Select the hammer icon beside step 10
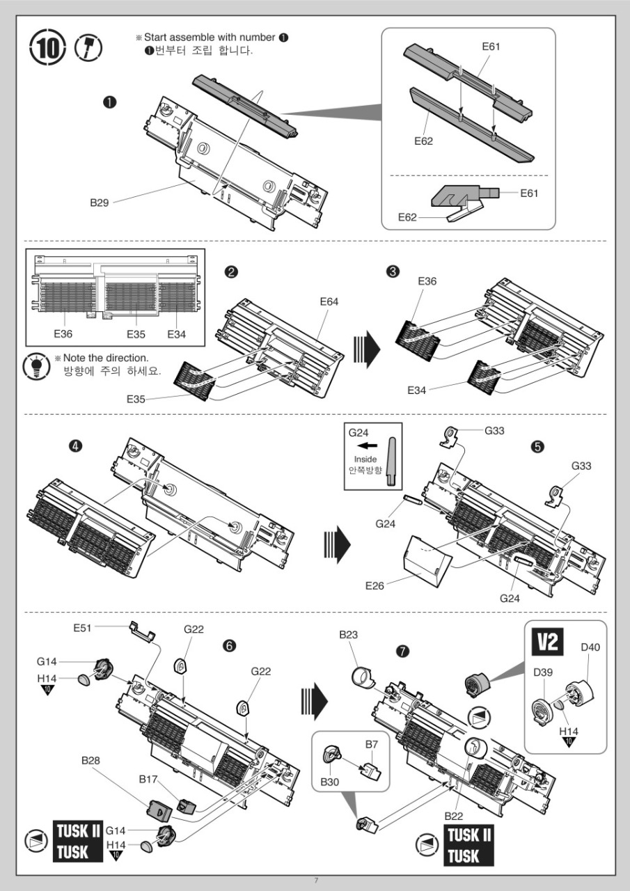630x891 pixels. (x=88, y=49)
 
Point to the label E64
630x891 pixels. (x=329, y=301)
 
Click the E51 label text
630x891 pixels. (x=83, y=628)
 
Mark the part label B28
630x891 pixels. (x=90, y=761)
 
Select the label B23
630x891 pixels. (x=348, y=635)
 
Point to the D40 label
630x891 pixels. (x=590, y=648)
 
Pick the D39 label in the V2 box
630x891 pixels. (x=543, y=672)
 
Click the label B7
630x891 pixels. (x=372, y=744)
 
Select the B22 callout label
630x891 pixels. (x=454, y=815)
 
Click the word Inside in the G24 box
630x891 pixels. (x=365, y=459)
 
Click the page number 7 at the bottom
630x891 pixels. (x=315, y=880)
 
